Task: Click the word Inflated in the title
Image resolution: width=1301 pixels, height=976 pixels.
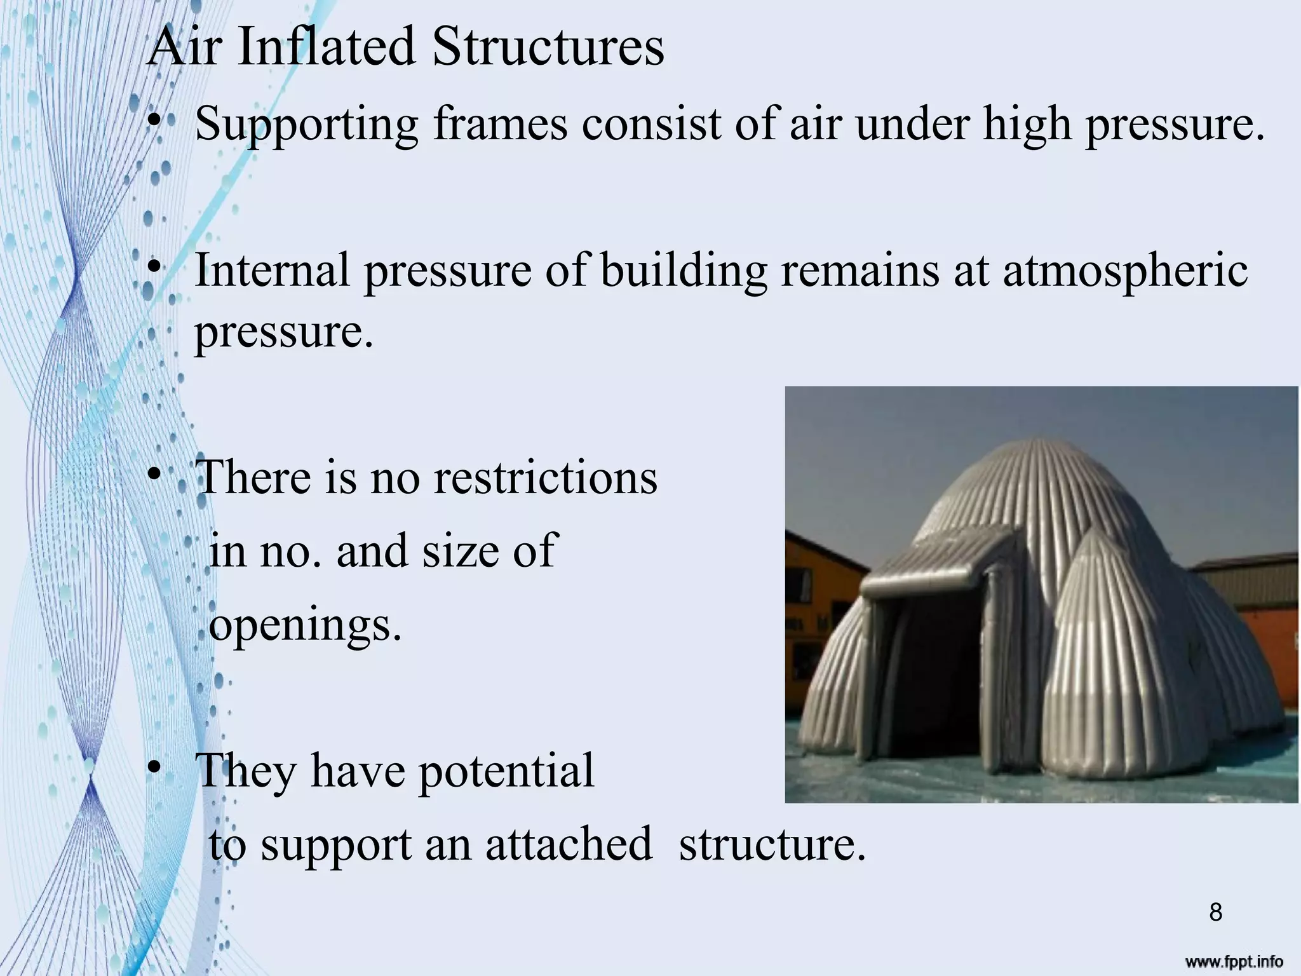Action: tap(327, 47)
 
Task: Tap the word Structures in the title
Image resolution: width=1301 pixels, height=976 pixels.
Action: tap(548, 47)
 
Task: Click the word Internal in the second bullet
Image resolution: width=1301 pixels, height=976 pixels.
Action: tap(272, 269)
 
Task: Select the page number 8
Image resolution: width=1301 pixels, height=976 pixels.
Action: tap(1215, 912)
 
